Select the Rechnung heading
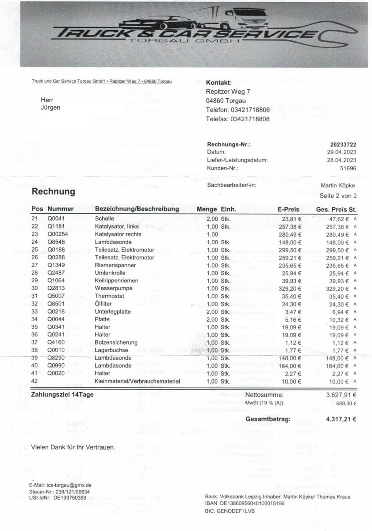pyautogui.click(x=54, y=192)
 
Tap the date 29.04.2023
pyautogui.click(x=342, y=152)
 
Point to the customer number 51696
pyautogui.click(x=348, y=168)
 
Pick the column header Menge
pyautogui.click(x=207, y=209)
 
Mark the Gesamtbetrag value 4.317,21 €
pyautogui.click(x=341, y=419)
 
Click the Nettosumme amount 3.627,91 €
pyautogui.click(x=341, y=395)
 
